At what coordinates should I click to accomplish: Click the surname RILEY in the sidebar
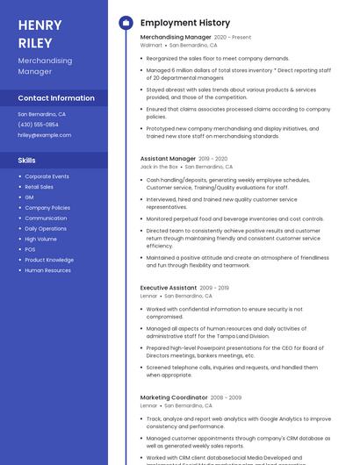click(35, 42)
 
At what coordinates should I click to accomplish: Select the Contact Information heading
click(56, 98)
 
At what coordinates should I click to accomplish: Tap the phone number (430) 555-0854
click(38, 125)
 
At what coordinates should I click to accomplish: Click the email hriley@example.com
click(44, 135)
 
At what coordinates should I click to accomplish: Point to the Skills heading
click(27, 161)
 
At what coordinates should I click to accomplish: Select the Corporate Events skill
click(47, 176)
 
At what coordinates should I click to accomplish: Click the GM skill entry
click(29, 197)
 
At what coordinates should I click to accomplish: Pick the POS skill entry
click(31, 249)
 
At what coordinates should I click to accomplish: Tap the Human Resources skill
click(47, 270)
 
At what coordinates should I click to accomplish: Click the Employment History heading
click(184, 23)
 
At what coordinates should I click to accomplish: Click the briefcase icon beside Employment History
click(125, 23)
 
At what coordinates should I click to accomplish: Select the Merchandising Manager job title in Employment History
click(176, 38)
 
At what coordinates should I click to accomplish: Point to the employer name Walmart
click(151, 45)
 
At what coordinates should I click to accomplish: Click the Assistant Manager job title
click(168, 159)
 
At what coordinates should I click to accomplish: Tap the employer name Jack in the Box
click(159, 166)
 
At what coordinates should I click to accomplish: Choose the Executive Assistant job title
click(169, 288)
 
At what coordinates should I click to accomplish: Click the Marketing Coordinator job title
click(174, 397)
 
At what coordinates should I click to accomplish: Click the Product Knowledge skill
click(49, 260)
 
